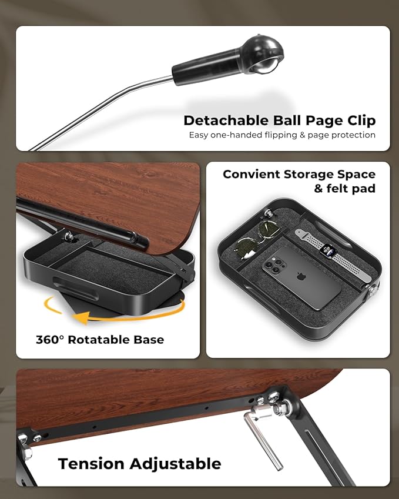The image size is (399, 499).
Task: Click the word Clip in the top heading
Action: pos(359,120)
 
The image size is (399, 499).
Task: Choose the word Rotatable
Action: pos(100,340)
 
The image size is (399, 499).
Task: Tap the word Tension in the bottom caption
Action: pos(92,463)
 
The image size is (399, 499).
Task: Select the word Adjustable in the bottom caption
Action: pos(175,464)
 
